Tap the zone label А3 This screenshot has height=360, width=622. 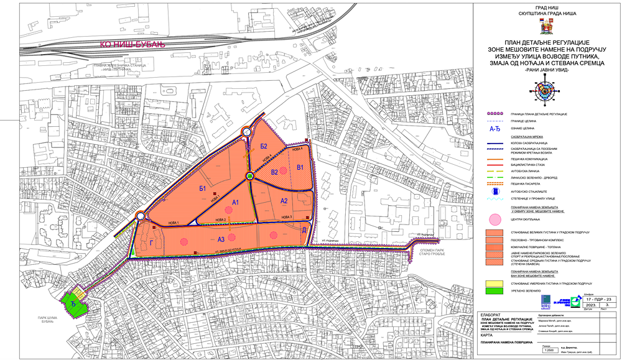[x=221, y=239]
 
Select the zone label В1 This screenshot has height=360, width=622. [x=300, y=168]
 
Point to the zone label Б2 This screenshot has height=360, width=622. [x=264, y=146]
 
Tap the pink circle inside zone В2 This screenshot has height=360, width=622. [x=284, y=170]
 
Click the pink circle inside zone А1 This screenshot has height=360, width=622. [x=230, y=210]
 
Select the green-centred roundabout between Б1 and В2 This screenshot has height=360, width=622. [x=249, y=176]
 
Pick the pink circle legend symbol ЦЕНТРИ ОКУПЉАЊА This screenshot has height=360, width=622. [x=496, y=219]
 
